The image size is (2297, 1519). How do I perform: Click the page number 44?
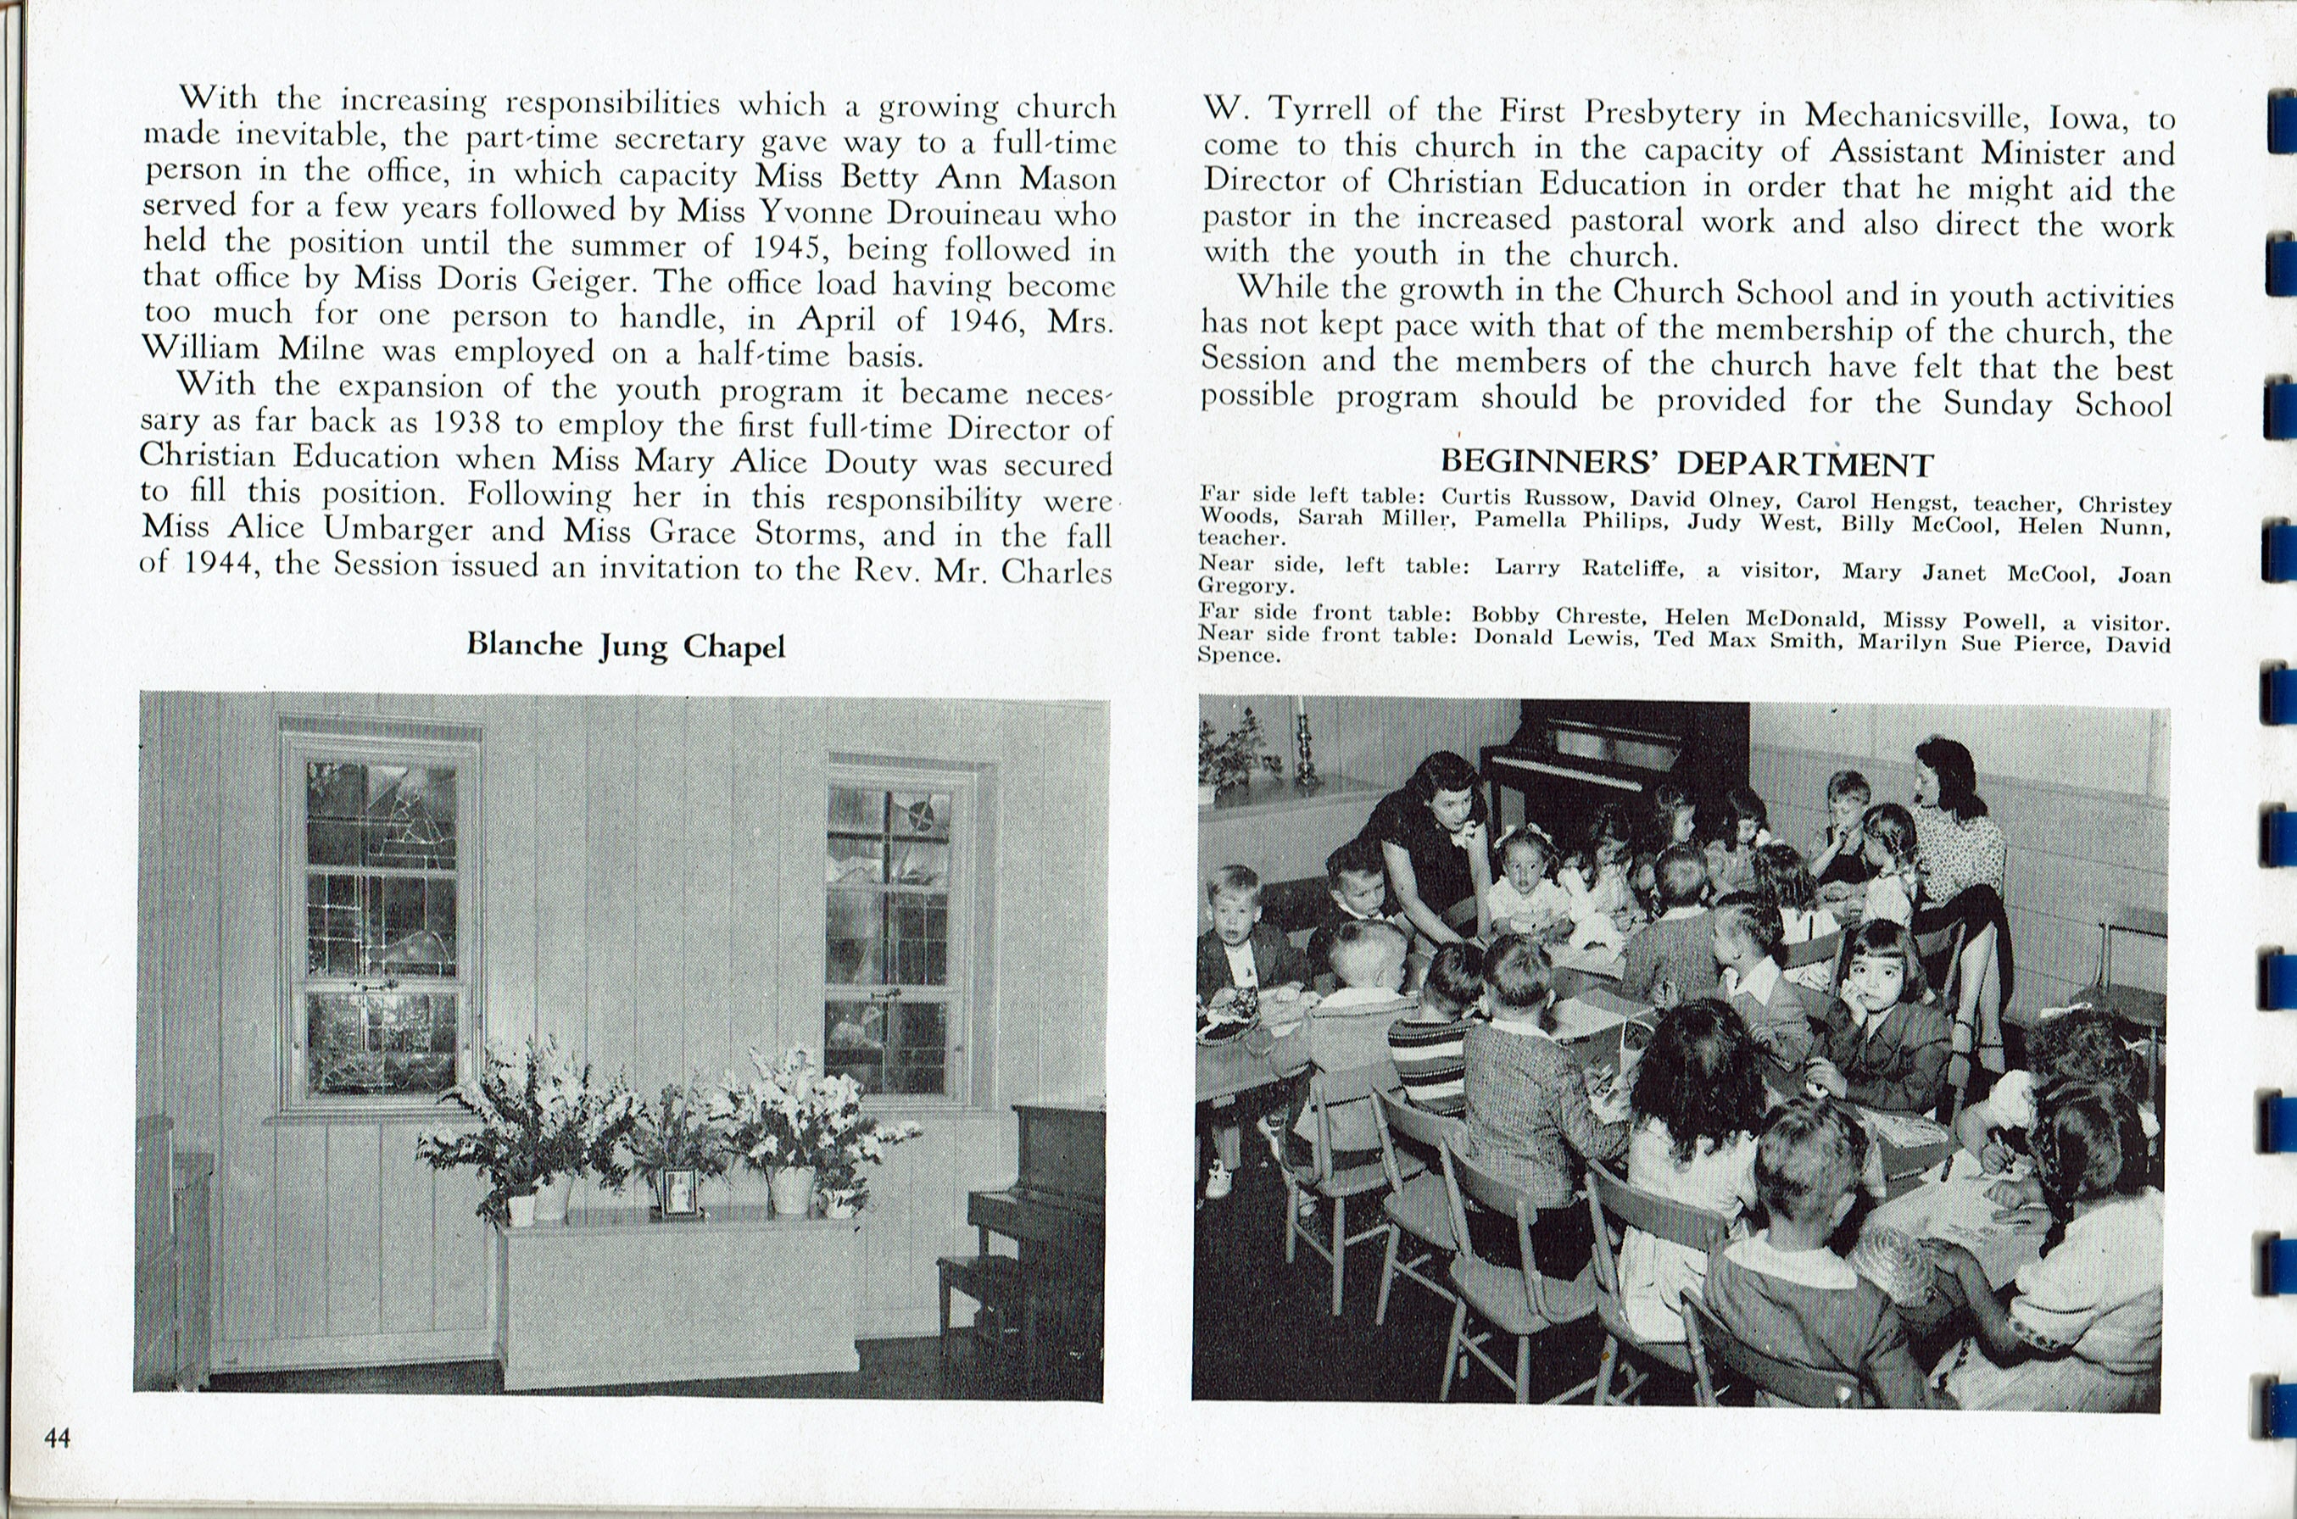pyautogui.click(x=57, y=1438)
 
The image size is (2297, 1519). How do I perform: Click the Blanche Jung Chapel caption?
pyautogui.click(x=625, y=645)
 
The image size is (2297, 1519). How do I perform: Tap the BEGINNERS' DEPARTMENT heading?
pyautogui.click(x=1687, y=463)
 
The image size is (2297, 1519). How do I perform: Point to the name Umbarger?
pyautogui.click(x=399, y=529)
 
